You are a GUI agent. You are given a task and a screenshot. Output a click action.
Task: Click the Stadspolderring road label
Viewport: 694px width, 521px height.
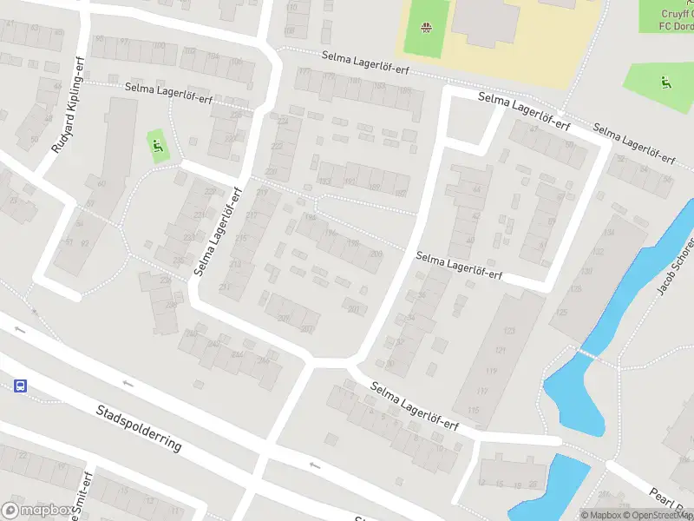(139, 427)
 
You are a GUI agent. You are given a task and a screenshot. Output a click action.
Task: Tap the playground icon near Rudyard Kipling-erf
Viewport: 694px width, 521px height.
(157, 146)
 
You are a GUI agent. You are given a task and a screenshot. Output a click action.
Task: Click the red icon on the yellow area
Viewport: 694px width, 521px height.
(425, 29)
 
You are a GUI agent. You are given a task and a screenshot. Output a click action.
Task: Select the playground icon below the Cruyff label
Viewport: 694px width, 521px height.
(665, 83)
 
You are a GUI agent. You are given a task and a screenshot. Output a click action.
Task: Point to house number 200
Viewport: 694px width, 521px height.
(375, 254)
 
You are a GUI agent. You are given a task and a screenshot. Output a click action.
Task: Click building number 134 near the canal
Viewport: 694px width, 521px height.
(608, 233)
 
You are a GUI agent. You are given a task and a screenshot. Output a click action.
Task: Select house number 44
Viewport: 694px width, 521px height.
(476, 190)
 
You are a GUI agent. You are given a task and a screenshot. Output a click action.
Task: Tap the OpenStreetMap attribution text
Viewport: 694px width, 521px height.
(657, 516)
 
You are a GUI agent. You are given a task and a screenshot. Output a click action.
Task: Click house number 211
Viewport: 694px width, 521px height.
(225, 287)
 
